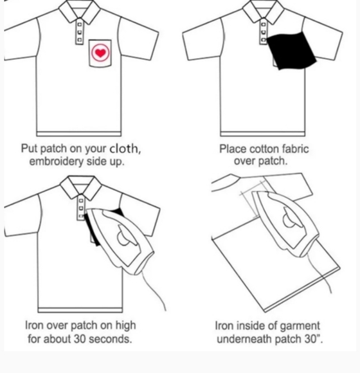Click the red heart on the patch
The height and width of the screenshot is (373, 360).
(x=100, y=53)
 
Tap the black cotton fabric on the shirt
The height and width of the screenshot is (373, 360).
(x=291, y=50)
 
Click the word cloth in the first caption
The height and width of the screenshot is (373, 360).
(x=123, y=149)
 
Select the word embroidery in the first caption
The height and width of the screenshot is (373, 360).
(x=57, y=161)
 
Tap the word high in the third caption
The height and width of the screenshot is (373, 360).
(x=125, y=325)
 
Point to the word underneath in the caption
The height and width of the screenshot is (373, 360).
(x=245, y=339)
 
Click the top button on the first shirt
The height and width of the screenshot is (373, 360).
(x=80, y=24)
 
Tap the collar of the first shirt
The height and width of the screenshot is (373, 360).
(x=80, y=11)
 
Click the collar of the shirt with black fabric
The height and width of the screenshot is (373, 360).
(x=263, y=11)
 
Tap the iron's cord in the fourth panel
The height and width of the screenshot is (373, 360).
(x=319, y=273)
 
